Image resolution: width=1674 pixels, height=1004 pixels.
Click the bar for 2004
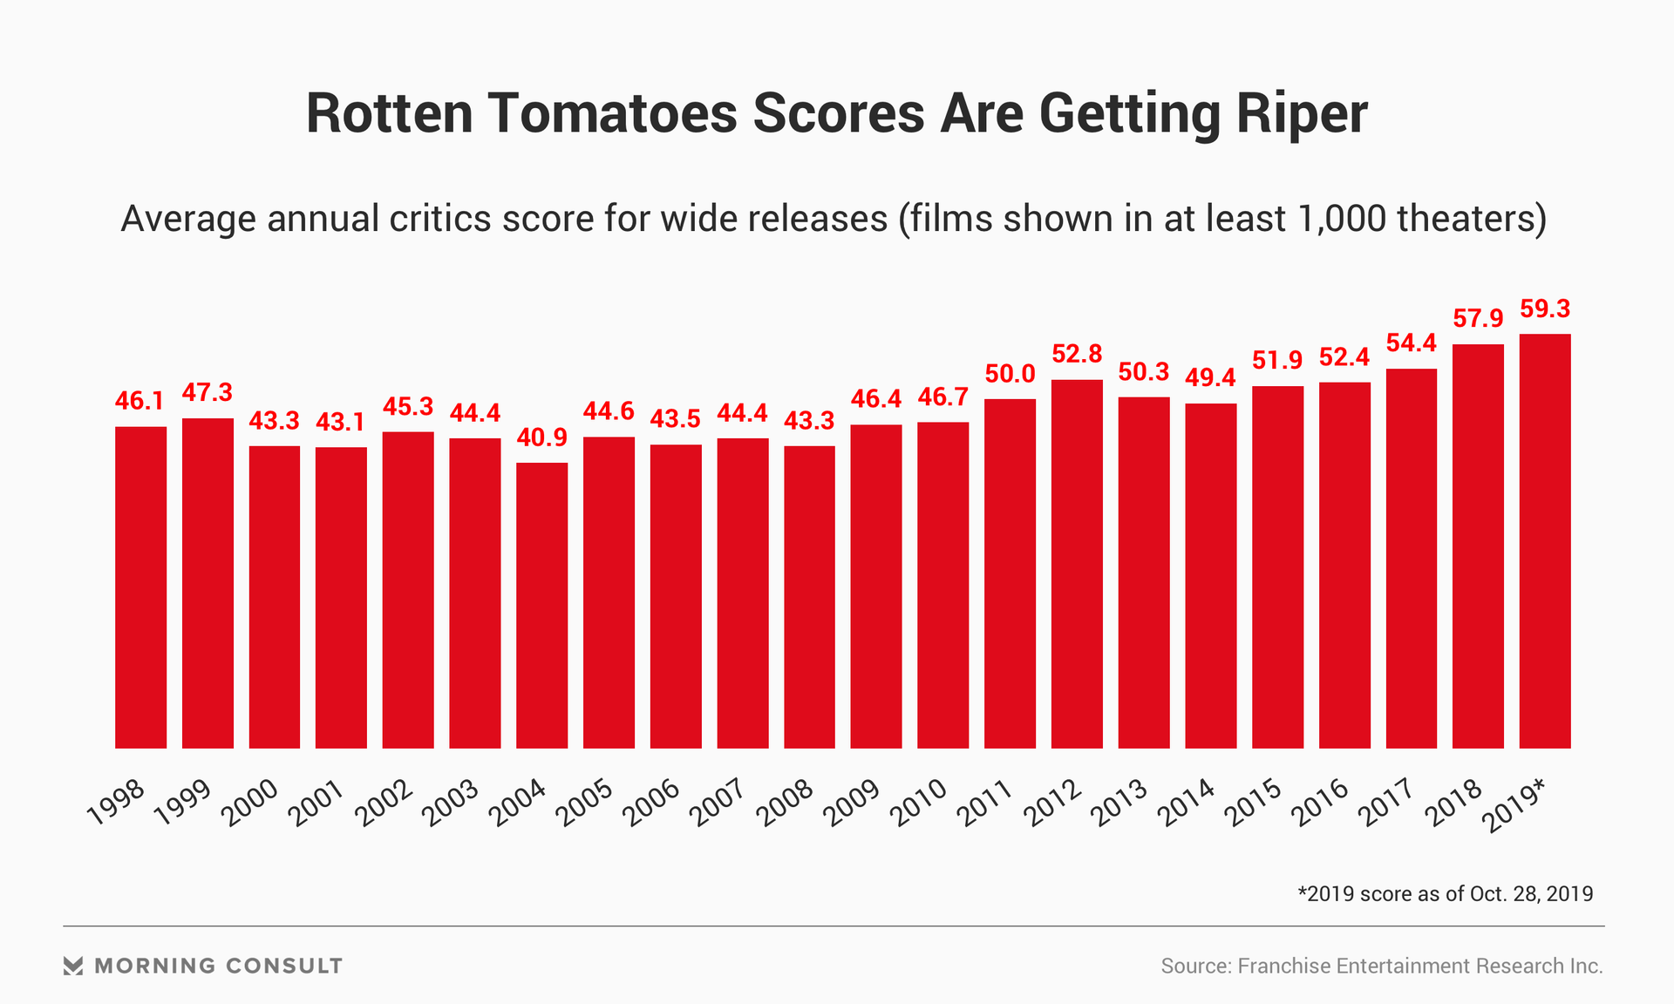541,605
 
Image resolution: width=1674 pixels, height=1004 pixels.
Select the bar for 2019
1544,540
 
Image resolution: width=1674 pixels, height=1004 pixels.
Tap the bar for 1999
208,583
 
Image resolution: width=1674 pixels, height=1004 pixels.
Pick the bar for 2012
1077,564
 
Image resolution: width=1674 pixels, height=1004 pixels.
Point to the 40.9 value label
541,438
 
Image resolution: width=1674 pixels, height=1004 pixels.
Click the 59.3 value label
1544,309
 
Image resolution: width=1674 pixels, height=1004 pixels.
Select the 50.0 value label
1010,375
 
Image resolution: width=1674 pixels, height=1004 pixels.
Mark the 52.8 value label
1077,355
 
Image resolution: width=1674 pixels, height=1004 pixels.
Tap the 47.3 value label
208,393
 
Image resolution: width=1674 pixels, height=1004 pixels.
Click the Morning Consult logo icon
73,966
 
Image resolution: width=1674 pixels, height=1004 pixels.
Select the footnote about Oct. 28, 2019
1445,894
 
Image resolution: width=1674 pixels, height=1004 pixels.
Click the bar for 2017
1411,558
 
